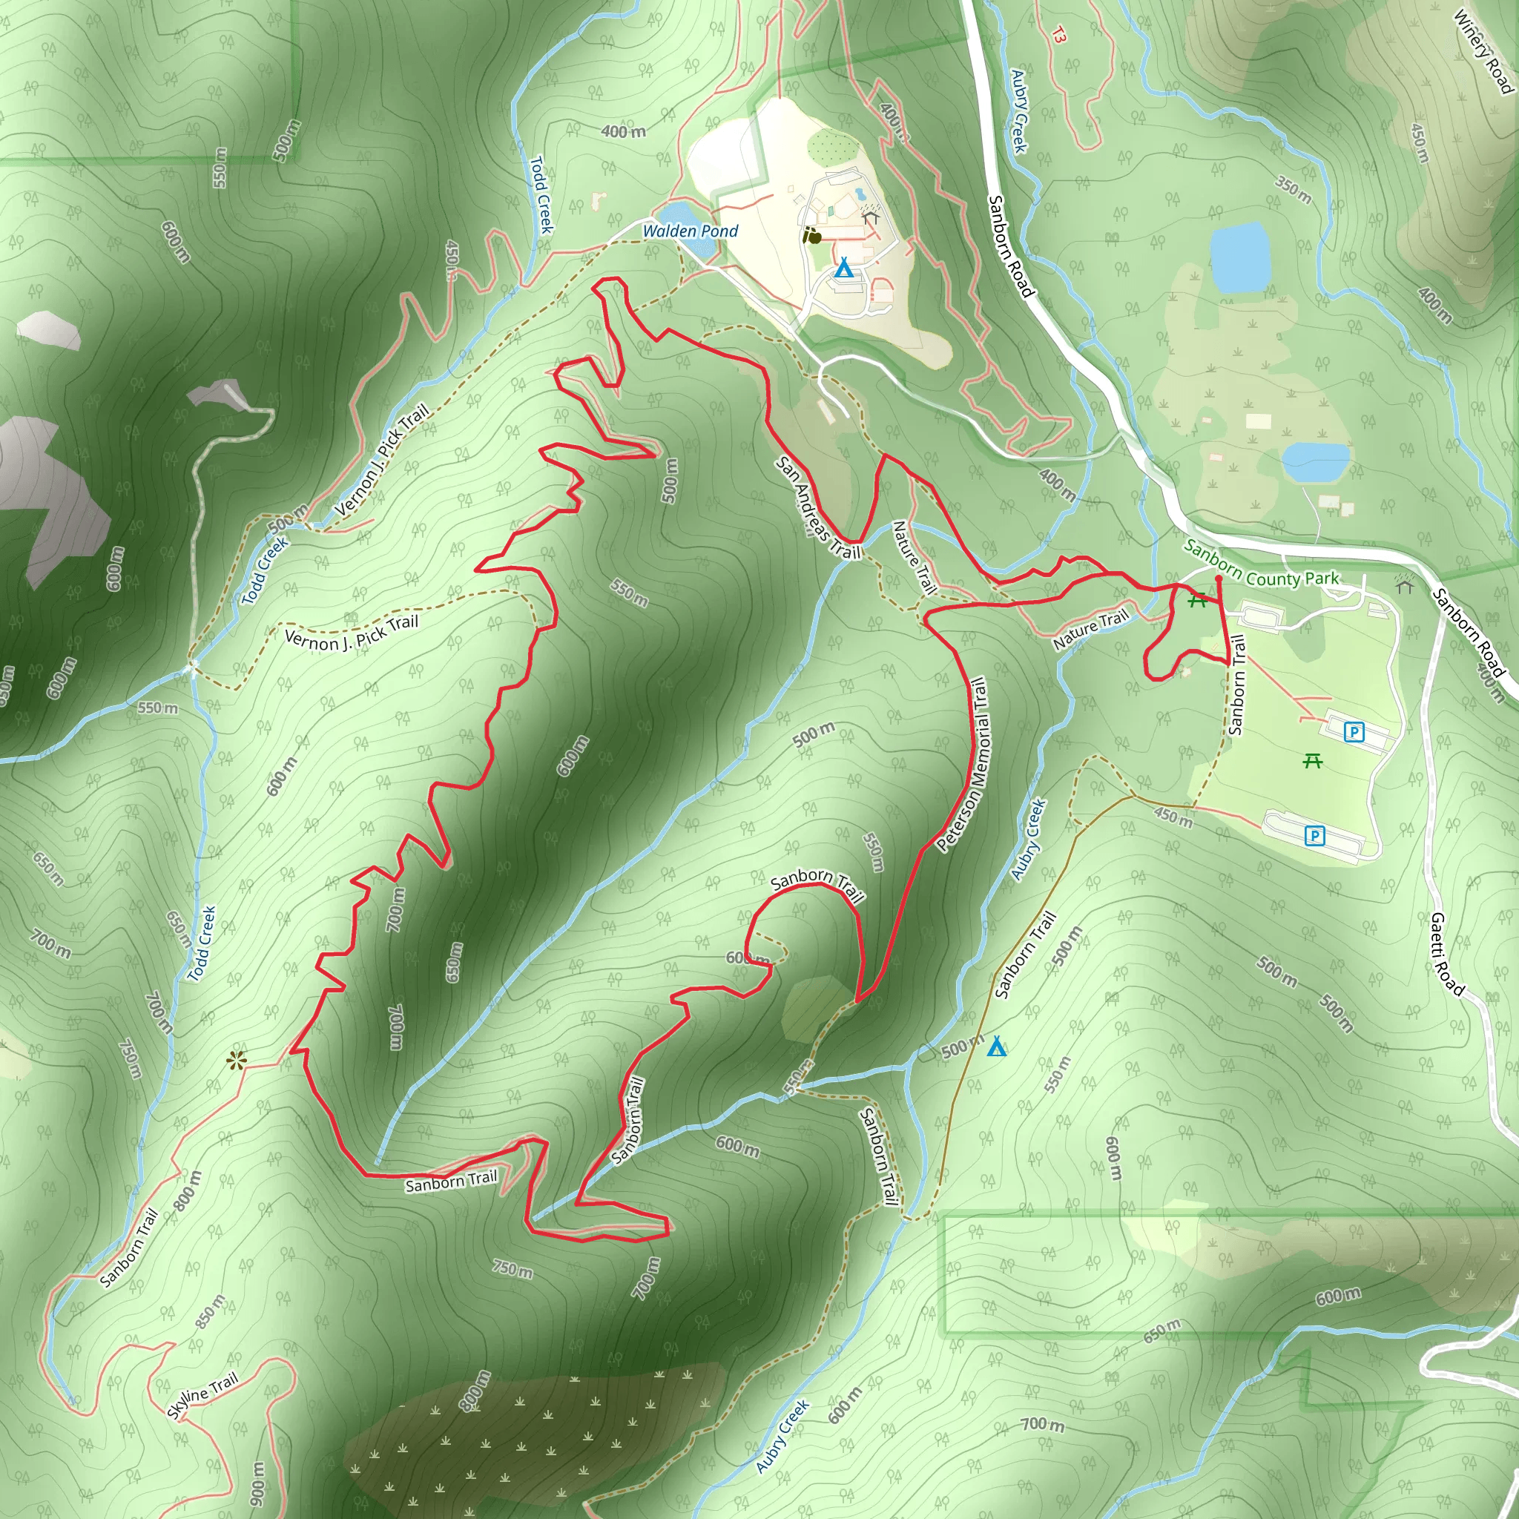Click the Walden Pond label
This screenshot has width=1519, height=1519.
click(x=690, y=231)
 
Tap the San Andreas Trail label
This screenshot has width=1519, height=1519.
click(x=817, y=509)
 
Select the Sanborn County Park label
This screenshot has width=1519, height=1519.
click(x=1261, y=564)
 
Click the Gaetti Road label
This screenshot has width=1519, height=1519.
click(x=1446, y=955)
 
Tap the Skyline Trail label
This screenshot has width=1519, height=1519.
click(x=202, y=1397)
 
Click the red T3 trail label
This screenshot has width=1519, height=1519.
click(x=1059, y=36)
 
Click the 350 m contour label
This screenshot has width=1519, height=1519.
click(x=1293, y=189)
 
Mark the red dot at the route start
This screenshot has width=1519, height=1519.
click(x=1219, y=579)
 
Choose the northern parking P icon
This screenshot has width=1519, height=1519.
click(x=1353, y=732)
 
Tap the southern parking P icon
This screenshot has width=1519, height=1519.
click(x=1314, y=836)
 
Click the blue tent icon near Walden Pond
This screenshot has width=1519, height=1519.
click(x=843, y=268)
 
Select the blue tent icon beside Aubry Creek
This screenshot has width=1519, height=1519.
click(x=996, y=1047)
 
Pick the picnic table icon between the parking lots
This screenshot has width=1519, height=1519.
click(x=1312, y=760)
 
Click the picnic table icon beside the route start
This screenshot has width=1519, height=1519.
click(x=1197, y=600)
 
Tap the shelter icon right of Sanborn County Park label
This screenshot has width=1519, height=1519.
click(x=1404, y=585)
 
